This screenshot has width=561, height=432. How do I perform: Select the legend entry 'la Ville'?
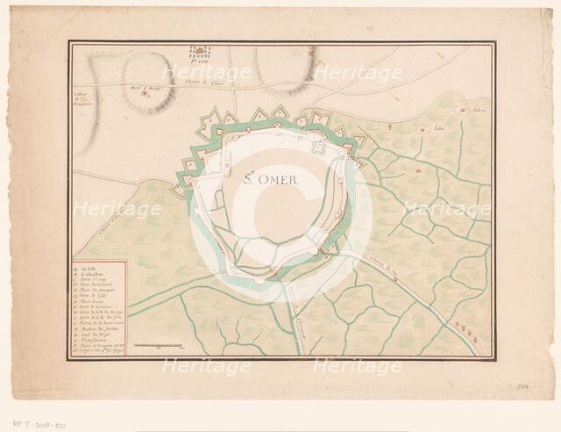[89, 266]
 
